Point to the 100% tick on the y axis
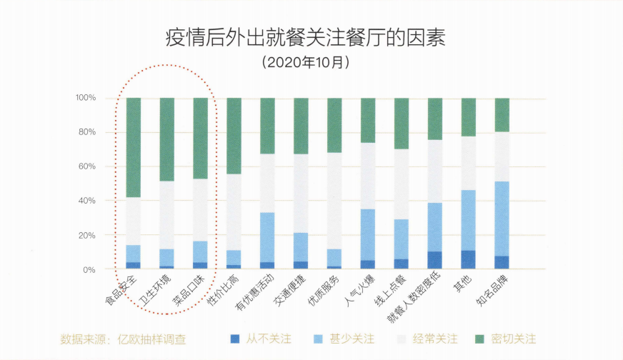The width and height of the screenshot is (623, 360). click(x=85, y=98)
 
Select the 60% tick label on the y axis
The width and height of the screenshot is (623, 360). click(x=87, y=166)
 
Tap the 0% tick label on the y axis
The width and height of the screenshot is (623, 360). click(x=90, y=270)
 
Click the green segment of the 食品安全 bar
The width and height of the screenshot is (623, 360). click(x=134, y=147)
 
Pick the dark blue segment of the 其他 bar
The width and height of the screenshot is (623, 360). click(x=469, y=260)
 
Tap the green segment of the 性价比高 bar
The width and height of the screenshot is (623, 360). click(x=234, y=136)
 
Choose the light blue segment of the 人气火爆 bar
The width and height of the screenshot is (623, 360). click(x=368, y=234)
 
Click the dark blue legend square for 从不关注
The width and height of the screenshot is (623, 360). click(x=236, y=338)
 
